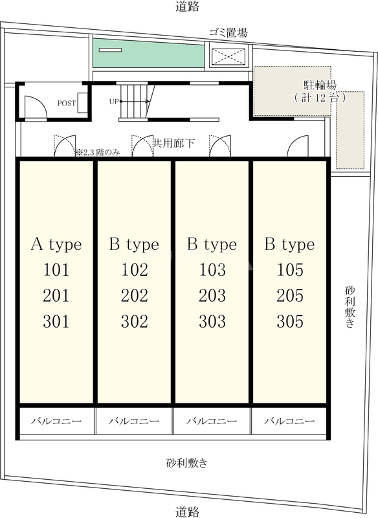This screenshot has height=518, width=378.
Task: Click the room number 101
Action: pyautogui.click(x=56, y=270)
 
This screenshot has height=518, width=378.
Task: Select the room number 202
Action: pyautogui.click(x=135, y=296)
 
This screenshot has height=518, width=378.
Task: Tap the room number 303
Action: pyautogui.click(x=212, y=321)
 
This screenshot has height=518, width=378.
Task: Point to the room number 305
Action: pyautogui.click(x=290, y=321)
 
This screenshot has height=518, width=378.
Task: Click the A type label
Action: pyautogui.click(x=56, y=245)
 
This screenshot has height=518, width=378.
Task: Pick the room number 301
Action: pyautogui.click(x=56, y=321)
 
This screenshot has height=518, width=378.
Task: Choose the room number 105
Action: pyautogui.click(x=290, y=270)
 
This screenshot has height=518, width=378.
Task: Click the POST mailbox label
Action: pyautogui.click(x=67, y=104)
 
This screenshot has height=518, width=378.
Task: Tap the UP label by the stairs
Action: pyautogui.click(x=114, y=102)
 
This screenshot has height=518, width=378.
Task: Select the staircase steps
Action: pyautogui.click(x=133, y=101)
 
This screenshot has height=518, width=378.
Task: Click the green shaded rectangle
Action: pyautogui.click(x=149, y=53)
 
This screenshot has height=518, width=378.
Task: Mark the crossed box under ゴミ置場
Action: pyautogui.click(x=228, y=57)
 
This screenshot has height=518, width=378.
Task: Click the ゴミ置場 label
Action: pyautogui.click(x=228, y=32)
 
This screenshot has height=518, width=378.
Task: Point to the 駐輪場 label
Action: pyautogui.click(x=320, y=85)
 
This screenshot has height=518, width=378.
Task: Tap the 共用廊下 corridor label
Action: pyautogui.click(x=173, y=143)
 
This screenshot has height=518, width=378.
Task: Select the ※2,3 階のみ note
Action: pyautogui.click(x=98, y=153)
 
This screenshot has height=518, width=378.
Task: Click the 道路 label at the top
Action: pyautogui.click(x=188, y=6)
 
